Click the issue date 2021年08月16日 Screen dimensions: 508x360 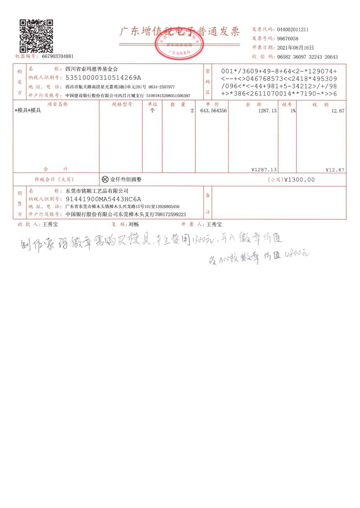(295, 48)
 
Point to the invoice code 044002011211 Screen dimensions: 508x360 (293, 30)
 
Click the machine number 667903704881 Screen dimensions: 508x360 (58, 56)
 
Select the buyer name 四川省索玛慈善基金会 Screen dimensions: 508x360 (92, 69)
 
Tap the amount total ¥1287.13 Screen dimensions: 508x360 (264, 169)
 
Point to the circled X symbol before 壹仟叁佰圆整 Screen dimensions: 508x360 (105, 180)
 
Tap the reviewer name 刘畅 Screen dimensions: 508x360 (134, 224)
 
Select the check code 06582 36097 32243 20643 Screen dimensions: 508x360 (307, 57)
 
